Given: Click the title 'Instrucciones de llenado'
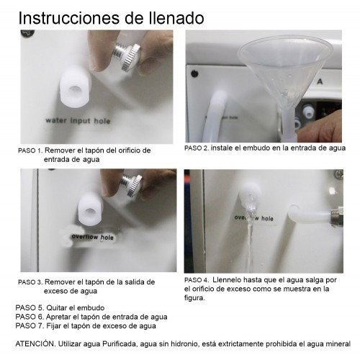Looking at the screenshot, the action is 111,18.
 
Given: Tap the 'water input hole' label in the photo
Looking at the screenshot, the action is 78,120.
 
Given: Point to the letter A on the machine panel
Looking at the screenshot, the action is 320,82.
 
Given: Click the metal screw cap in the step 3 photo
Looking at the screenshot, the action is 131,186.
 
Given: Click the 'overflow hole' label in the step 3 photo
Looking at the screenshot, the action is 93,237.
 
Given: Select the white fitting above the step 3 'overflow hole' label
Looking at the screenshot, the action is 91,210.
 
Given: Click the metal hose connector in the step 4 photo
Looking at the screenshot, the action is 336,217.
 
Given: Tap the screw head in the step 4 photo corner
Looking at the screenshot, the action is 339,174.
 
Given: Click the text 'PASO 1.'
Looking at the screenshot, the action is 30,150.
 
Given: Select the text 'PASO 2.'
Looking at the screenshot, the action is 197,148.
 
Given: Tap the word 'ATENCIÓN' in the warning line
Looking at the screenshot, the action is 35,343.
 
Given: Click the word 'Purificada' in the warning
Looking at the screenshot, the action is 120,344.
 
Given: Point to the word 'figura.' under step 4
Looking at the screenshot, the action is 194,298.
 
